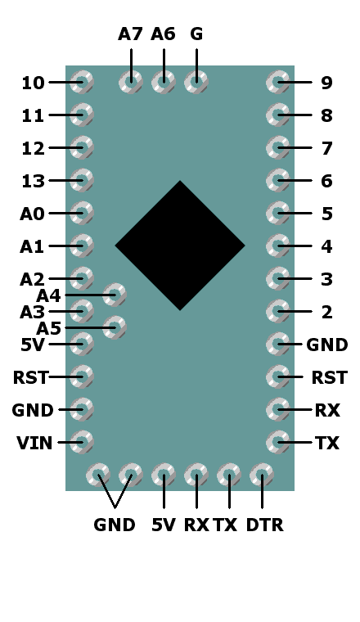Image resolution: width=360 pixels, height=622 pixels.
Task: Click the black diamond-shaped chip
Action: (180, 246)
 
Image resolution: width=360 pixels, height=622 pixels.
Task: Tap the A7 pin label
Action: (130, 34)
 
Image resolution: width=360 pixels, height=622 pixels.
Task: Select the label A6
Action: (163, 34)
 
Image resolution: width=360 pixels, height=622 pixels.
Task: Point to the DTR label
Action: (265, 525)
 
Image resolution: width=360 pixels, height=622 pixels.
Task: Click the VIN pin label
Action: (34, 443)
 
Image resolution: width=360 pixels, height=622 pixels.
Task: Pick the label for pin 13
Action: (33, 181)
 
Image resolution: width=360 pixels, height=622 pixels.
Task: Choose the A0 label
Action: (32, 214)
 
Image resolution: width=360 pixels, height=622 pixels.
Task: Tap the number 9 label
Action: (326, 83)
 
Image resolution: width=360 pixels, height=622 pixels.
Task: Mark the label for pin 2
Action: (326, 312)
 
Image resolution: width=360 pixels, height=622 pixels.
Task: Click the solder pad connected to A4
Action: (115, 295)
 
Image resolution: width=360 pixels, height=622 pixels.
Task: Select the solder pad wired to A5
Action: (115, 327)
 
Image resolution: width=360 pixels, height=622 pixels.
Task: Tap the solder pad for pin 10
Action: (82, 82)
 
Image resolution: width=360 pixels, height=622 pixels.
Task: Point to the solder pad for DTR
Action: (262, 475)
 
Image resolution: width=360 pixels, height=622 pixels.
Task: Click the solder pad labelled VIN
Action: (82, 442)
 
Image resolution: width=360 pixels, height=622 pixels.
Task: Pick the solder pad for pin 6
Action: (278, 180)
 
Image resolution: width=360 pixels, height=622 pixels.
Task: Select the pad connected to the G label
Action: (196, 82)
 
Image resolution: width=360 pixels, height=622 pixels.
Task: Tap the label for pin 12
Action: (33, 148)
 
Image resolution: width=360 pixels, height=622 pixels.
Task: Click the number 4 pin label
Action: (326, 246)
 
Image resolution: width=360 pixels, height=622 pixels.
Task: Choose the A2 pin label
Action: (32, 279)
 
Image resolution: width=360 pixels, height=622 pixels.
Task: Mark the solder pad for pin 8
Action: (278, 115)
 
